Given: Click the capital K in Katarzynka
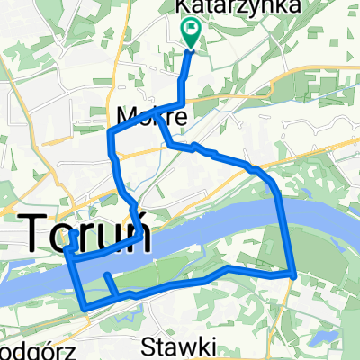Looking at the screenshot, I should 182,6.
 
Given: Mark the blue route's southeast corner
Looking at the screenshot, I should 293,274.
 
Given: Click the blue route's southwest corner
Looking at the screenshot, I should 85,309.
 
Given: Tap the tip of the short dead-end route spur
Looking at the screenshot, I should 106,275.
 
